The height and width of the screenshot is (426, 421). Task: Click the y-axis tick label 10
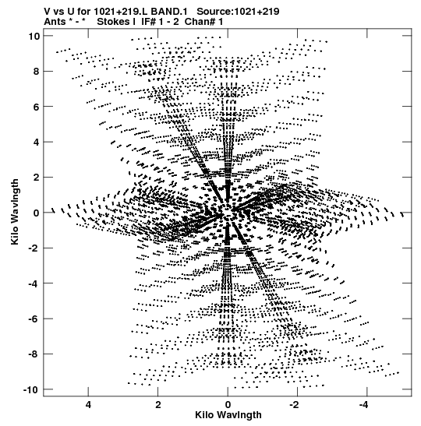[34, 36]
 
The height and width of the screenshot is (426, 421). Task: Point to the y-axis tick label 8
[37, 71]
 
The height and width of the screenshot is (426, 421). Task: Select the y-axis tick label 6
[37, 107]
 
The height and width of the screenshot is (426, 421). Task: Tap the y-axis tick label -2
[34, 248]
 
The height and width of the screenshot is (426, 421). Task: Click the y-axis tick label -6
[34, 319]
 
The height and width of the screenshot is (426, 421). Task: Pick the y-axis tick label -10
[31, 389]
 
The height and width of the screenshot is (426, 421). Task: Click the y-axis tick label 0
[37, 213]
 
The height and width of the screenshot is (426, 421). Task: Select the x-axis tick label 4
[88, 405]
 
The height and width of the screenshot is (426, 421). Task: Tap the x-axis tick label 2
[158, 405]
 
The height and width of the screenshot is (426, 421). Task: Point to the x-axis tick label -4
[364, 405]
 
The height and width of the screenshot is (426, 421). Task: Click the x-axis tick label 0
[228, 405]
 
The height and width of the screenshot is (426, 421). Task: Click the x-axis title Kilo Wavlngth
[228, 415]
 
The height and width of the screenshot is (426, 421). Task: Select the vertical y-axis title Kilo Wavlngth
[15, 212]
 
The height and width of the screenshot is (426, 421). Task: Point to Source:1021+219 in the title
[238, 12]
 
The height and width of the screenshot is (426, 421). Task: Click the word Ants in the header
[55, 22]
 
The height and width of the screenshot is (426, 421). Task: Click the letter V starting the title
[48, 12]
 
